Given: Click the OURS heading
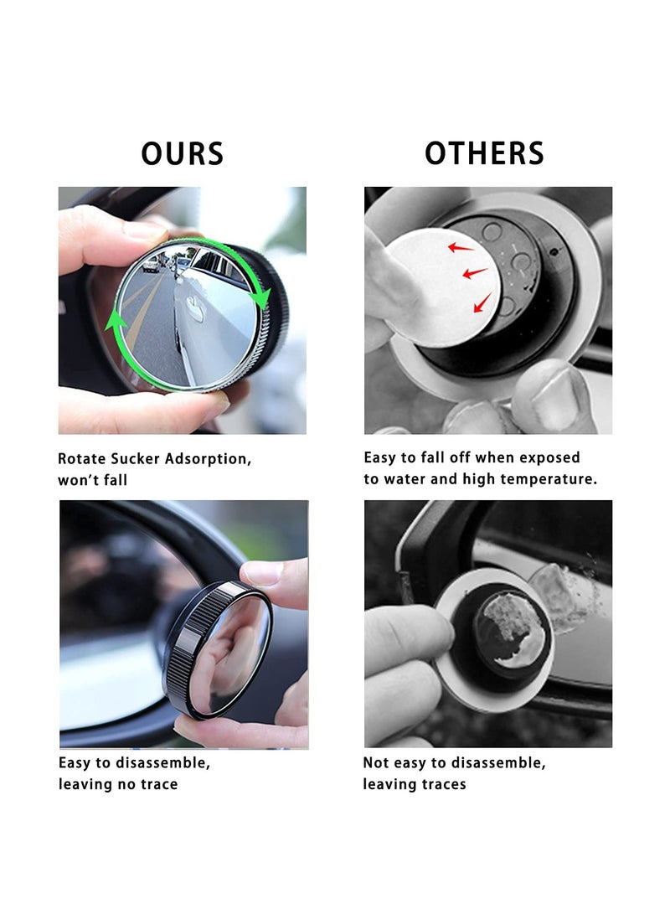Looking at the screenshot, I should click(182, 154).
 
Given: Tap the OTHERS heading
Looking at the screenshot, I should click(484, 153).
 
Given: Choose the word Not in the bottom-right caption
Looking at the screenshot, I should click(376, 763).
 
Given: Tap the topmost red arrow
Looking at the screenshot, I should click(460, 246).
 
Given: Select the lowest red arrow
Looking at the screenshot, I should click(482, 303).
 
